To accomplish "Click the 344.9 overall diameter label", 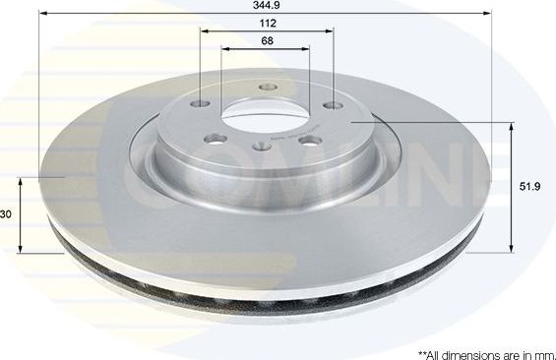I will click(x=265, y=6).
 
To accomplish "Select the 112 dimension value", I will click(x=265, y=24).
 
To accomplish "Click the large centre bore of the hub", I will click(x=264, y=119).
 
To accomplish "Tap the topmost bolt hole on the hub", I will click(x=265, y=87).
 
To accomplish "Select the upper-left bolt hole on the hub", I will click(x=201, y=104).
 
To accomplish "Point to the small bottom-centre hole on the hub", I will click(x=261, y=147).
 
